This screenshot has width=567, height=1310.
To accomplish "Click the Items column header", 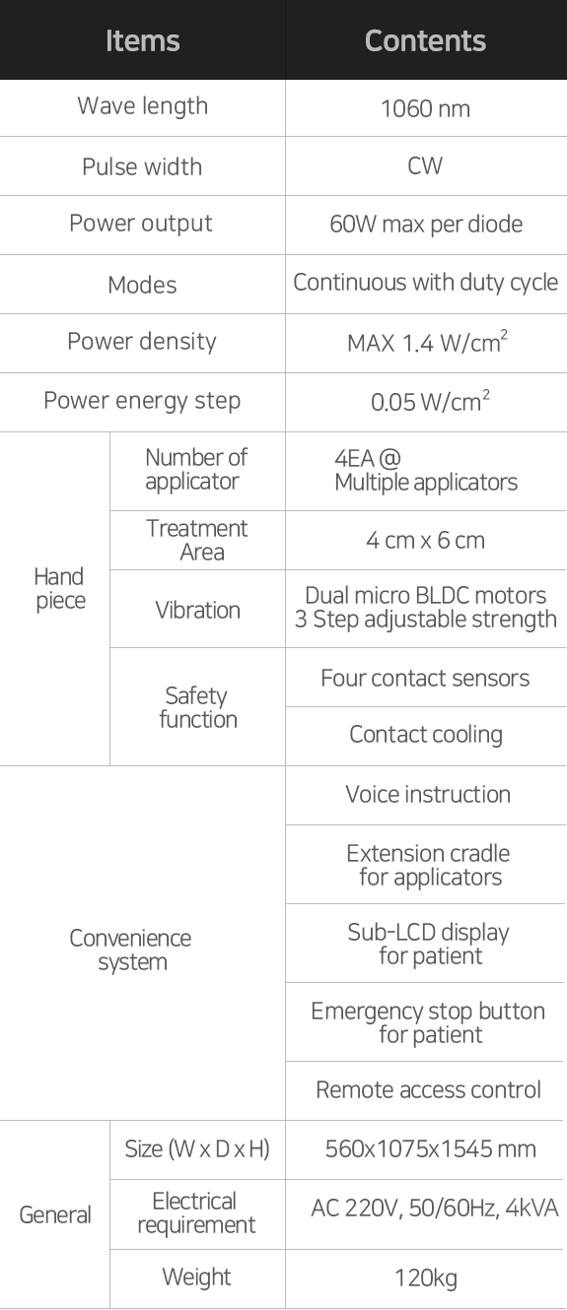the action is (142, 41).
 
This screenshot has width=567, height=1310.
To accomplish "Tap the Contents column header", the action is (425, 41).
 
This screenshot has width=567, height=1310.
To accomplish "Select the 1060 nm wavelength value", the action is (425, 108).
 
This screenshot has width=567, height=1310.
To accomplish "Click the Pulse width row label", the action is (142, 166).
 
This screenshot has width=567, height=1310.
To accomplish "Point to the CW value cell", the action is (425, 165).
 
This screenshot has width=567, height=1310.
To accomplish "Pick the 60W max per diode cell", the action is (426, 224).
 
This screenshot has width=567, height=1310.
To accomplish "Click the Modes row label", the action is (142, 285).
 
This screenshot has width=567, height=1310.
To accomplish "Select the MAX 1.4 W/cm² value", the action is (427, 342).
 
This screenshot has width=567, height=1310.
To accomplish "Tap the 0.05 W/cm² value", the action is (430, 401).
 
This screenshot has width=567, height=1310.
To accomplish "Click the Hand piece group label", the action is (60, 588).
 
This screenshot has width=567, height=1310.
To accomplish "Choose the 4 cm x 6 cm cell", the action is (425, 541).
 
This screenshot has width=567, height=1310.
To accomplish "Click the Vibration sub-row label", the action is (197, 610).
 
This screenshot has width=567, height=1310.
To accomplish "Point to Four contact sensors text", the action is (425, 678).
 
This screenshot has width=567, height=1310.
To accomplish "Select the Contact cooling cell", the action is (426, 735).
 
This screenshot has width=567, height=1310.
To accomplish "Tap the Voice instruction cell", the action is (428, 794).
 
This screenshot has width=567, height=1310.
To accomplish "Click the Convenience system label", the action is (130, 950).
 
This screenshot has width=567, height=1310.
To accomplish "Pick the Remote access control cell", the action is (428, 1089).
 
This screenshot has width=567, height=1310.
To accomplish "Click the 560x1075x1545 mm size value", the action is (431, 1148).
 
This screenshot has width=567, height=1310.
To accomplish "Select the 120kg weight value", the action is (426, 1277).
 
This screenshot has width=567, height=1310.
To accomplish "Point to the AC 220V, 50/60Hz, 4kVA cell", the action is (434, 1208).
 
